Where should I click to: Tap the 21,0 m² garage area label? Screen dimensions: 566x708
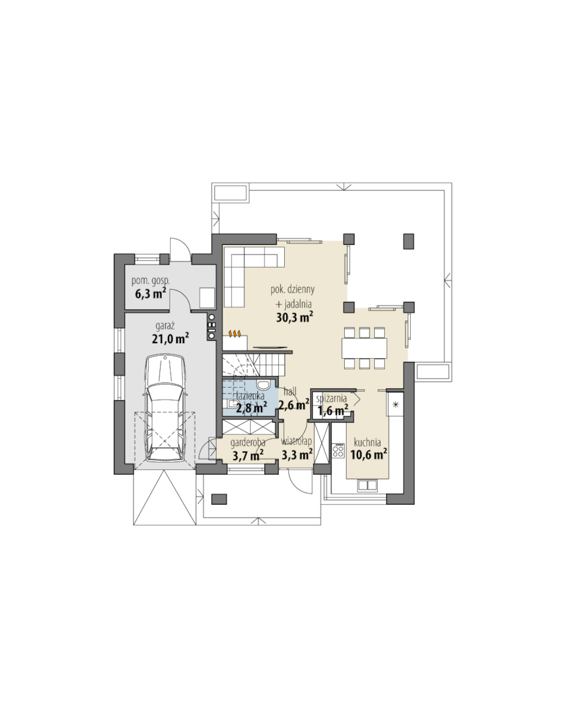(x=170, y=338)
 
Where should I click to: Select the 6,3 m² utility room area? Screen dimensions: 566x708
(x=150, y=294)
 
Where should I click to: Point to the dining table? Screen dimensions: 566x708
(x=365, y=347)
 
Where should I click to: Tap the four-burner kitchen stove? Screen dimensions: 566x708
(x=338, y=451)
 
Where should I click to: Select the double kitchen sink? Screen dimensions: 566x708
(x=367, y=485)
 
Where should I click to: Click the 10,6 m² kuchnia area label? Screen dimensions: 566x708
(x=369, y=454)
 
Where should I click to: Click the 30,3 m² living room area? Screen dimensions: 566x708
(x=295, y=317)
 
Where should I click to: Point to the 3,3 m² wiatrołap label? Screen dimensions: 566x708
(x=297, y=454)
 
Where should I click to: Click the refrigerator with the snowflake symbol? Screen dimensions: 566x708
(x=395, y=404)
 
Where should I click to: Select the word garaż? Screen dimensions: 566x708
(x=165, y=325)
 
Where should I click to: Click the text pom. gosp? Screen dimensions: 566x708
(x=150, y=281)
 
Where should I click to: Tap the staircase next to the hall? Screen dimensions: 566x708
(x=253, y=365)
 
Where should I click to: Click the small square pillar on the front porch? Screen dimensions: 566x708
(x=219, y=499)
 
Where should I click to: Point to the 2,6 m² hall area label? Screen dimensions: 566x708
(x=294, y=404)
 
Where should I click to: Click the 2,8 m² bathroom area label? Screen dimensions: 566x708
(x=251, y=409)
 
